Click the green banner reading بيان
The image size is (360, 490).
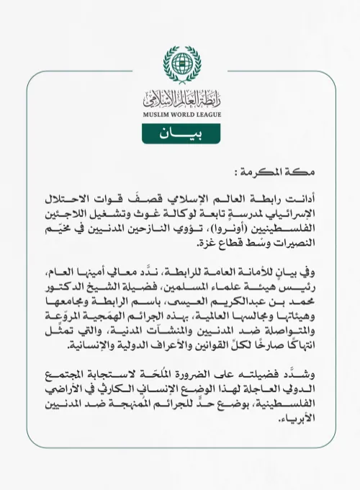(179, 134)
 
